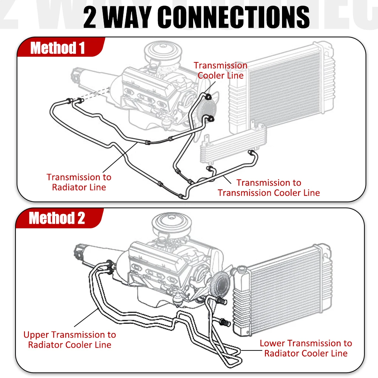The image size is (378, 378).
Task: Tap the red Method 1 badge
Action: point(57,48)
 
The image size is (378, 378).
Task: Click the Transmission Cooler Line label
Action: point(221,70)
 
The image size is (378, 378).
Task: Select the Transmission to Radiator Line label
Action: point(79,182)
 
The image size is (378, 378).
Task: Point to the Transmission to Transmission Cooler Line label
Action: point(269,188)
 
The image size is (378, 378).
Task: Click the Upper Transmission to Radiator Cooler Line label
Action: point(70,339)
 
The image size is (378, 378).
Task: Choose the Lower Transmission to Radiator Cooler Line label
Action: point(305,348)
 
